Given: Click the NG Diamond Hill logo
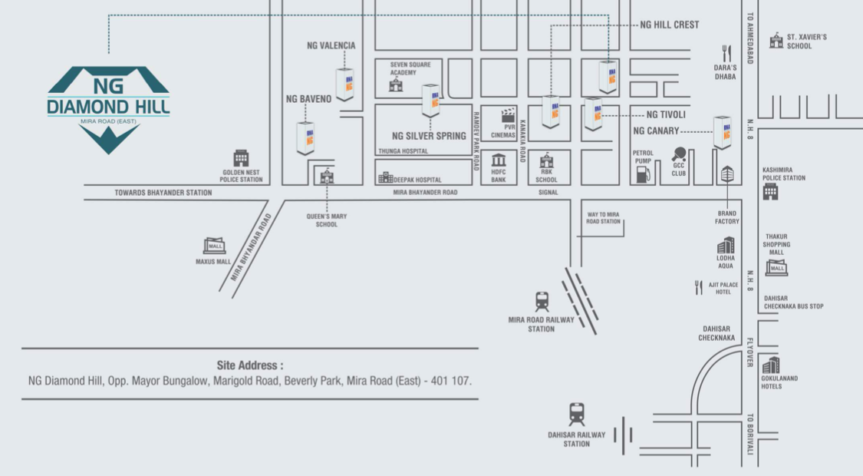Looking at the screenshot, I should (x=108, y=107).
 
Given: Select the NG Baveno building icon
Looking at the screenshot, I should (x=306, y=137).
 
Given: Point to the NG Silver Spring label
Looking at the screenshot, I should (x=429, y=136).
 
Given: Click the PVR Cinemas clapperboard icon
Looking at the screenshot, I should (x=508, y=116).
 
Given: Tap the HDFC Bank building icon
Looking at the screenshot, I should (x=499, y=161).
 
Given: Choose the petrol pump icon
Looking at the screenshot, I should (x=643, y=174).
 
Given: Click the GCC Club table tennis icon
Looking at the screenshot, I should (x=679, y=154).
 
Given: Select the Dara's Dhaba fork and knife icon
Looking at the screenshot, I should (x=726, y=54).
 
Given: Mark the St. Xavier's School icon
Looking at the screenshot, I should (x=776, y=40).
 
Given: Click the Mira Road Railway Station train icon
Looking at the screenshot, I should (x=542, y=301).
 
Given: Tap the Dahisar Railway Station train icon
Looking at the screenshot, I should (x=577, y=415).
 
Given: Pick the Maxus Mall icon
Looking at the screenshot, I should (x=214, y=245).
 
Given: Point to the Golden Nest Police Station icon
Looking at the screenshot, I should (x=242, y=158).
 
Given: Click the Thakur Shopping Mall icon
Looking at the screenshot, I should (x=777, y=267).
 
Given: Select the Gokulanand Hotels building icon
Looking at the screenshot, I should (x=771, y=365).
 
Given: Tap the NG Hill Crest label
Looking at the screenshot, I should (x=669, y=25).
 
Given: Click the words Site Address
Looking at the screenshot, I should (x=250, y=365).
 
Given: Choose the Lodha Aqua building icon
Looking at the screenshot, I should (x=726, y=246).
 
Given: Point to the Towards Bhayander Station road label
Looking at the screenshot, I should (x=163, y=193).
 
